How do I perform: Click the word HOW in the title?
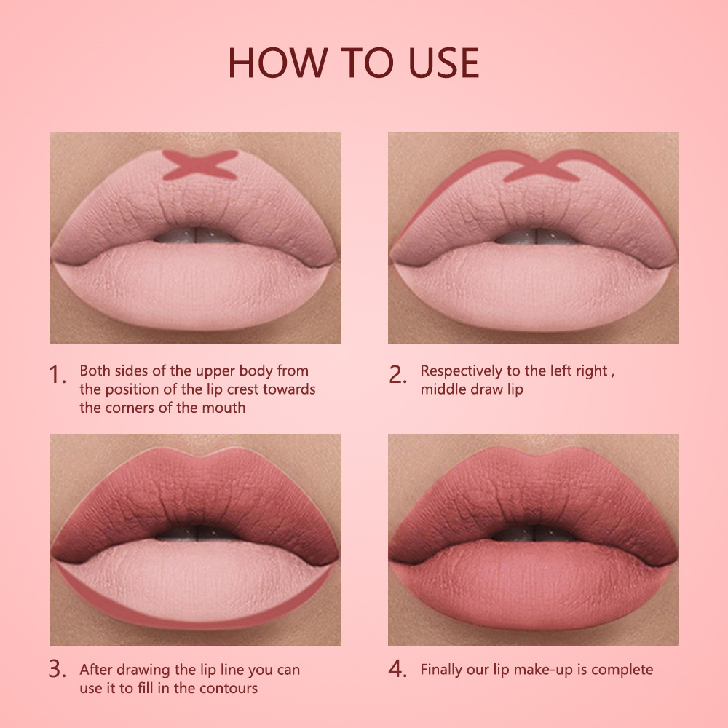pyautogui.click(x=277, y=63)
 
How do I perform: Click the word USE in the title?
pyautogui.click(x=443, y=63)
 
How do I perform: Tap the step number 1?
pyautogui.click(x=57, y=375)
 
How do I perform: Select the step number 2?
pyautogui.click(x=397, y=375)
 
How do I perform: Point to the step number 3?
pyautogui.click(x=57, y=669)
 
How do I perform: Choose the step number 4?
pyautogui.click(x=397, y=669)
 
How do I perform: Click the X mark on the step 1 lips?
pyautogui.click(x=200, y=165)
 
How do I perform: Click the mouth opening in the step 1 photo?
pyautogui.click(x=195, y=235)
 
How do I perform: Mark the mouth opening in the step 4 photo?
pyautogui.click(x=534, y=534)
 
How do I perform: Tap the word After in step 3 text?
pyautogui.click(x=93, y=670)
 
